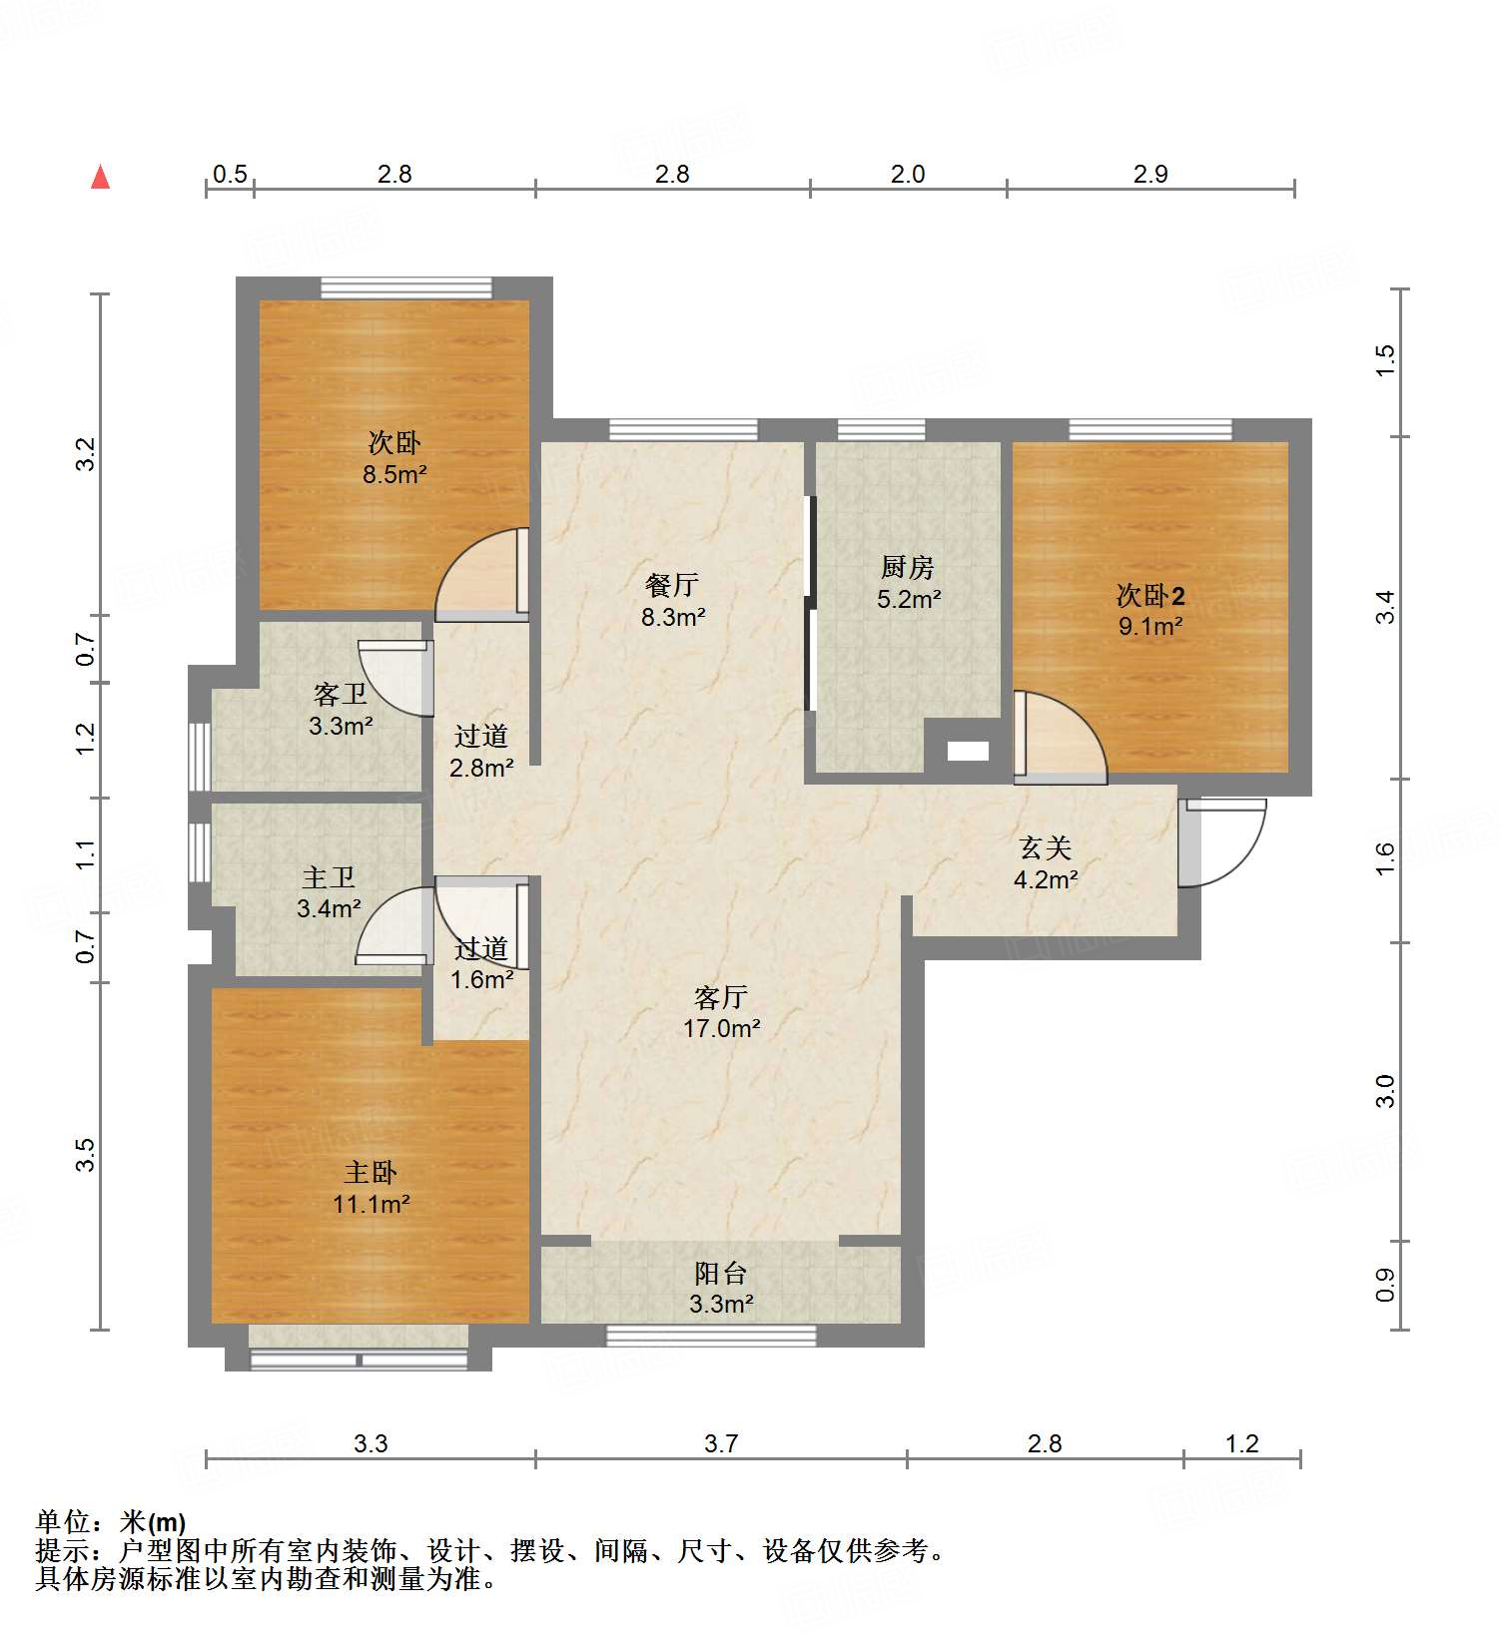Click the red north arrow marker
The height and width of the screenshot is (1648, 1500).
coord(100,178)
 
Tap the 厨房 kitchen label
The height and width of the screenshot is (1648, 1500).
coord(907,568)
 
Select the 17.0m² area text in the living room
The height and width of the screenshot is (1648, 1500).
coord(721,1028)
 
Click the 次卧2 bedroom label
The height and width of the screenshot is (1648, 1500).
coord(1150,596)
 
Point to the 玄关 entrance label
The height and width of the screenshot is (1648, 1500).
coord(1045,848)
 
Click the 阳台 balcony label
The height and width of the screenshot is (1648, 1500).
coord(720,1273)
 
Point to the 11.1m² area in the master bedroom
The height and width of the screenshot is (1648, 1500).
coord(371,1204)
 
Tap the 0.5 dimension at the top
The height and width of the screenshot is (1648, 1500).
coord(230,175)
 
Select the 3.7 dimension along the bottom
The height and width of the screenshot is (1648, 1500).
coord(720,1443)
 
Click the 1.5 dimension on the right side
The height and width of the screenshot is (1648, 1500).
coord(1384,359)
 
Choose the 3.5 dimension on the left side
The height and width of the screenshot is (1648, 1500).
coord(87,1155)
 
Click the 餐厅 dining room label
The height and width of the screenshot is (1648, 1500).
coord(672,585)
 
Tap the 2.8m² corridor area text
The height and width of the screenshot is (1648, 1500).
coord(481,768)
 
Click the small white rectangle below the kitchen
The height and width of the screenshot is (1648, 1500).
coord(967,752)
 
